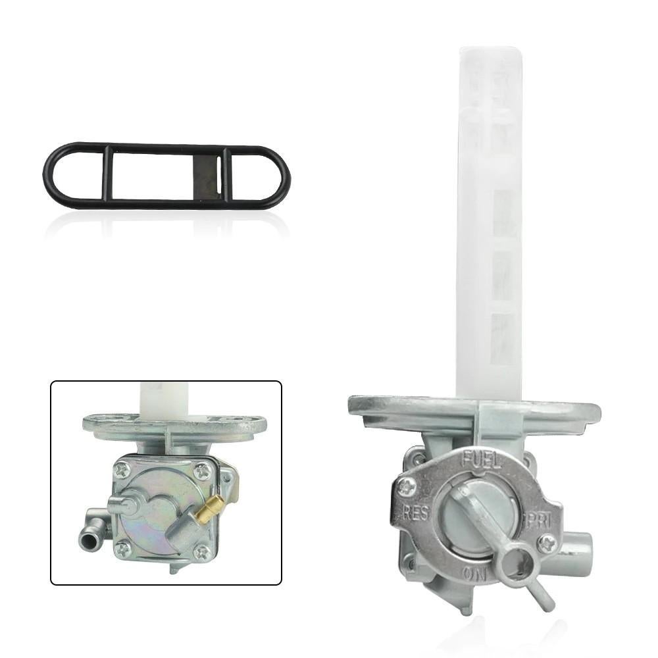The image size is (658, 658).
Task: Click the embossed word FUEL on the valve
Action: (x=482, y=459)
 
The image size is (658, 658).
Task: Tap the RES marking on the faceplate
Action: (x=417, y=513)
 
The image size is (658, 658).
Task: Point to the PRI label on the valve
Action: (x=538, y=520)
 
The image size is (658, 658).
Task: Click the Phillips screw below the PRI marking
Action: (x=547, y=545)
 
